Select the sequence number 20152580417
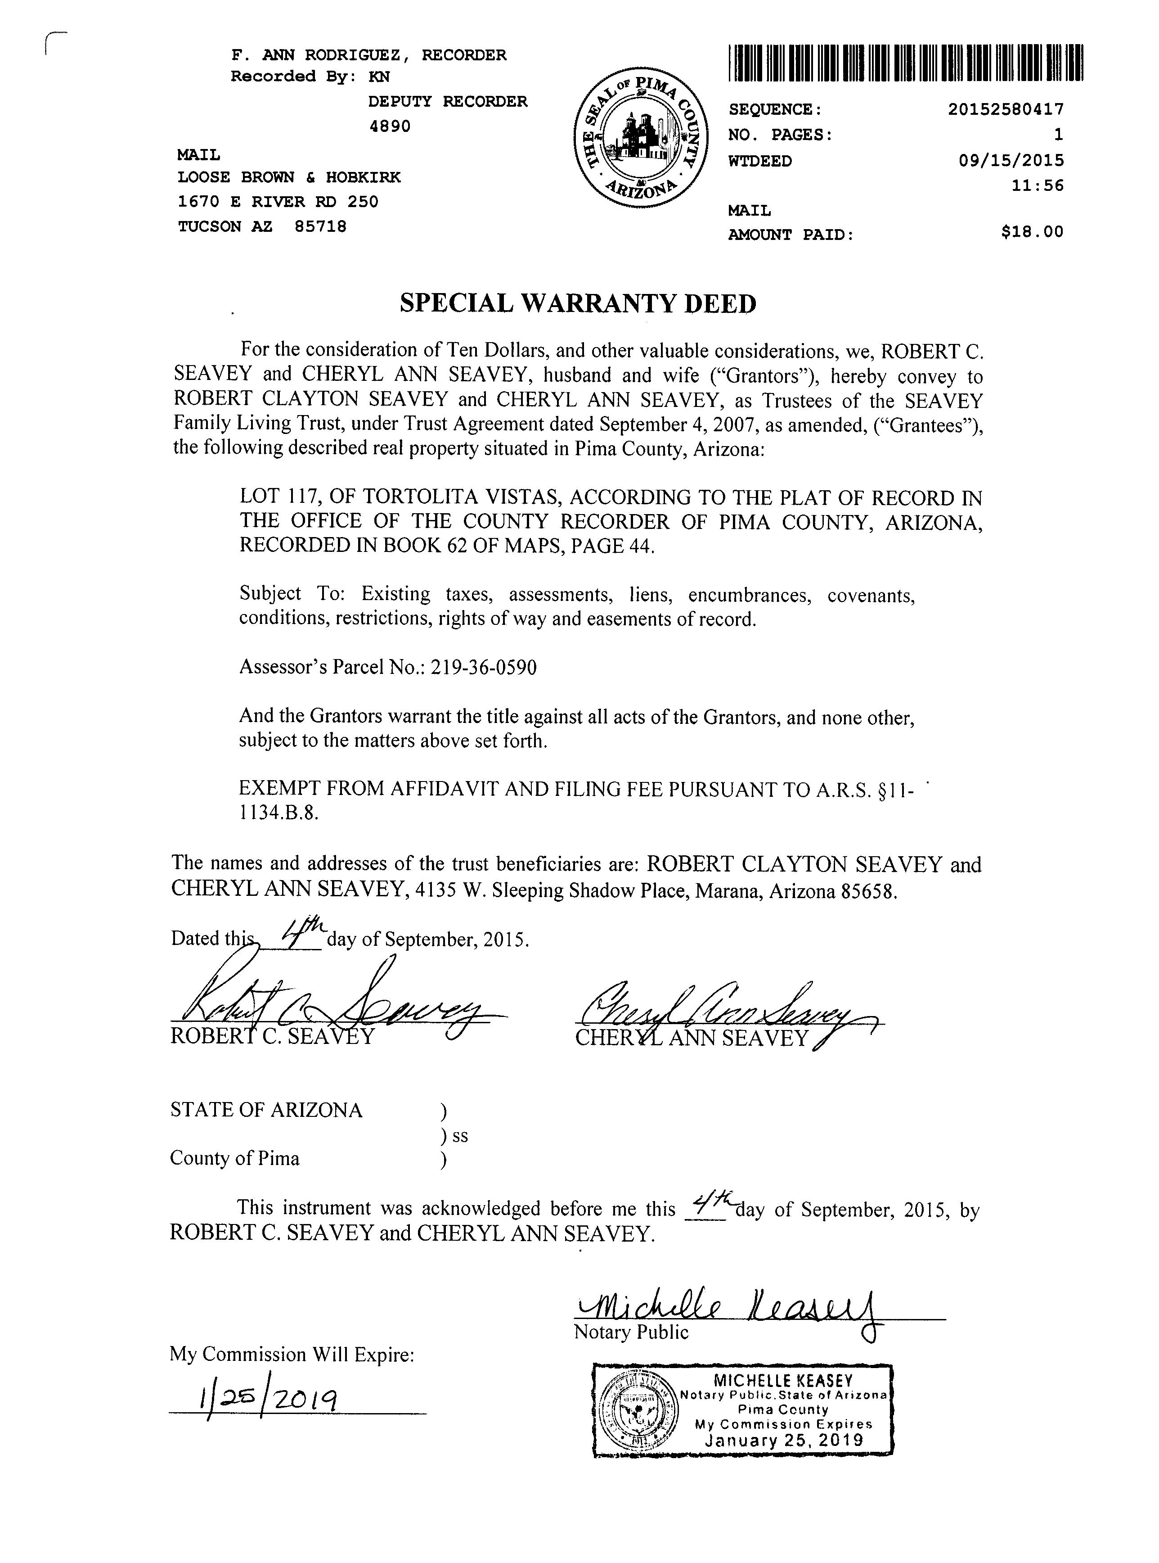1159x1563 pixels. tap(1006, 109)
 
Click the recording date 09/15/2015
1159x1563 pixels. tap(1011, 161)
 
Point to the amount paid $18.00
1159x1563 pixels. tap(1032, 231)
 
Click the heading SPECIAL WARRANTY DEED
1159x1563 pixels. tap(578, 303)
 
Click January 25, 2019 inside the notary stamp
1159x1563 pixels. tap(784, 1441)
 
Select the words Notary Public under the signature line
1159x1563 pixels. tap(631, 1332)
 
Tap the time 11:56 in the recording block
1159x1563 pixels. tap(1044, 186)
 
